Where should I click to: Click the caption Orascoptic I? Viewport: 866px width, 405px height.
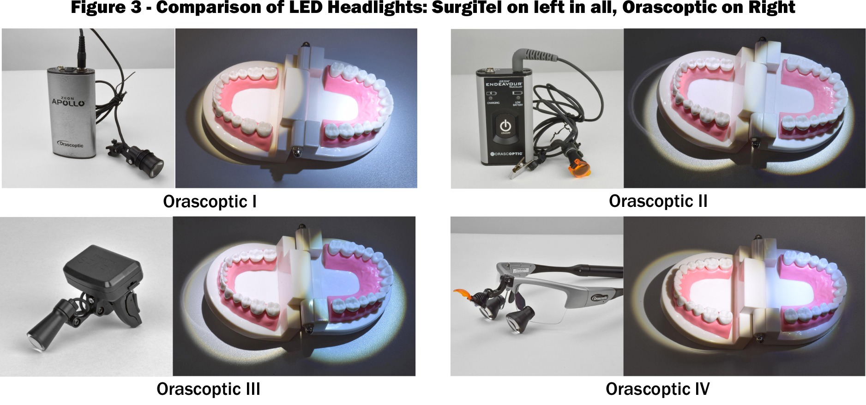pyautogui.click(x=210, y=202)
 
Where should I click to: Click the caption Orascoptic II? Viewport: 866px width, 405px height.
pyautogui.click(x=658, y=201)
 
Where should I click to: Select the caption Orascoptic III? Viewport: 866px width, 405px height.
pyautogui.click(x=208, y=389)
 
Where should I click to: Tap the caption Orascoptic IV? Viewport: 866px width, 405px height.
pyautogui.click(x=657, y=389)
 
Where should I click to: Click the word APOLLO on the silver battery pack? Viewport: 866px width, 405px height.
pyautogui.click(x=68, y=102)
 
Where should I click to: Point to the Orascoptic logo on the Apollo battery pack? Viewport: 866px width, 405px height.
pyautogui.click(x=71, y=144)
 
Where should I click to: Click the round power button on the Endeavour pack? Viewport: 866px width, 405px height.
pyautogui.click(x=505, y=126)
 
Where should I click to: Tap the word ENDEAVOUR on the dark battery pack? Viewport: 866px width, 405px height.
pyautogui.click(x=505, y=84)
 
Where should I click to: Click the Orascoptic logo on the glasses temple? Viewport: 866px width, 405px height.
pyautogui.click(x=601, y=298)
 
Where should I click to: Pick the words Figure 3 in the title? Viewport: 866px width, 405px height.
pyautogui.click(x=105, y=8)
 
